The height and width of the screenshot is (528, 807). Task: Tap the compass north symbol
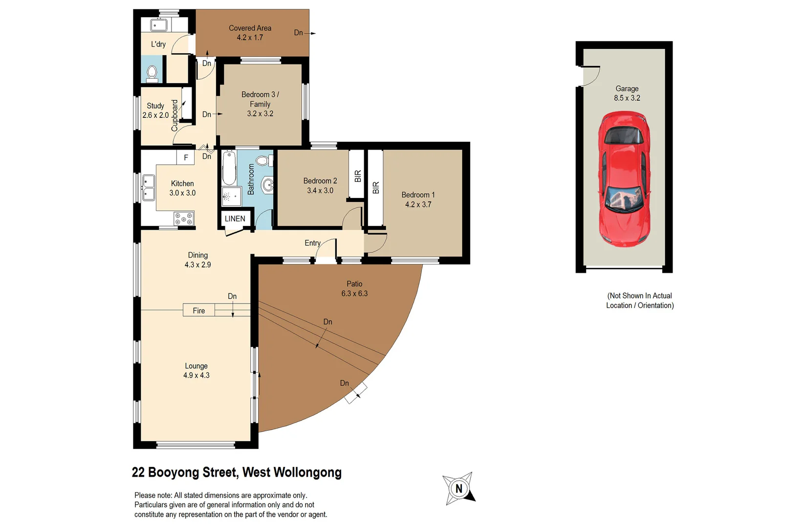(x=458, y=488)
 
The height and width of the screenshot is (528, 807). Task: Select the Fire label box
(x=198, y=310)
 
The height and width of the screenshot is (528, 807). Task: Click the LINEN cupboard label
(x=235, y=219)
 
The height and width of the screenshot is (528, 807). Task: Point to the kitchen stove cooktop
(x=184, y=219)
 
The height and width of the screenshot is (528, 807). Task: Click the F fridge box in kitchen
(x=186, y=157)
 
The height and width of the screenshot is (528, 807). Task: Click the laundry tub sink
(x=159, y=25)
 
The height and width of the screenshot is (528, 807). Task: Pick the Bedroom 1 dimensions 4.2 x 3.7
(x=418, y=204)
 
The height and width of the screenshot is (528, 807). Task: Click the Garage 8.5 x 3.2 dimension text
(x=627, y=98)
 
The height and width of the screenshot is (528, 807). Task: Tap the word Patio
(x=354, y=284)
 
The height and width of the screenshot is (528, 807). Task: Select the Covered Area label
(x=250, y=28)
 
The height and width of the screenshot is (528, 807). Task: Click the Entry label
(x=312, y=243)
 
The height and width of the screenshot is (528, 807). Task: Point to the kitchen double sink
(x=148, y=188)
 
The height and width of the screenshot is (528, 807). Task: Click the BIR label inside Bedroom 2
(x=357, y=176)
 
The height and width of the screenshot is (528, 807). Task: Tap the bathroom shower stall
(x=231, y=197)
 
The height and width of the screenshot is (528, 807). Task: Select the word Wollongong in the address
(x=307, y=472)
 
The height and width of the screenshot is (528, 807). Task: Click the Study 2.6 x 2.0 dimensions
(x=155, y=115)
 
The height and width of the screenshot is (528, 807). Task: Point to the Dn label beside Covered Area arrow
(x=298, y=33)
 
